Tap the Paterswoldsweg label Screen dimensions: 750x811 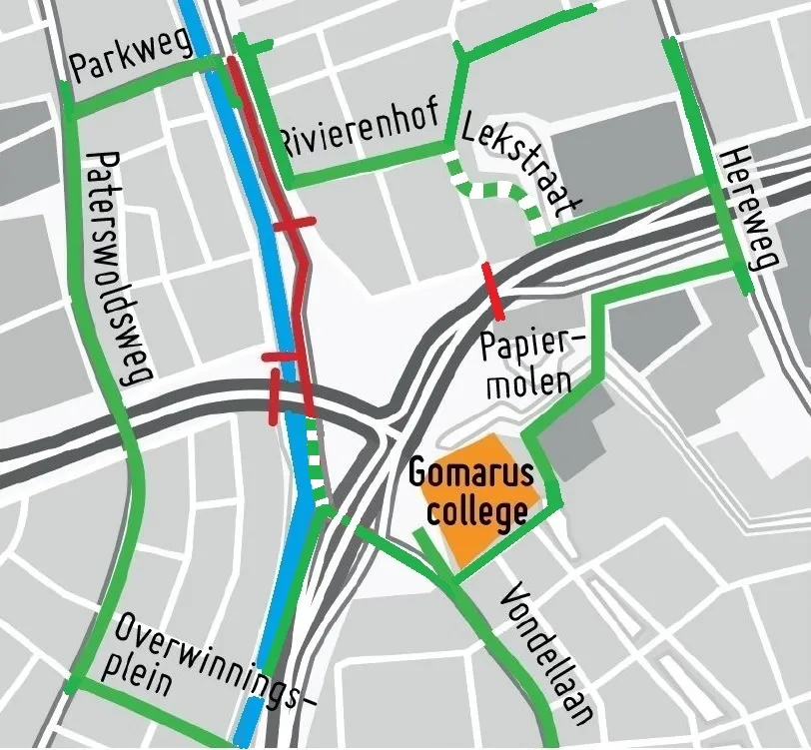(118, 268)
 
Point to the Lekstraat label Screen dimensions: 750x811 (518, 165)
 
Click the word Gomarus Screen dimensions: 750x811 (470, 471)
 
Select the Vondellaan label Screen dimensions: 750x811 (548, 654)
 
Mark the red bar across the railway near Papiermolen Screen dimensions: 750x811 (492, 291)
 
